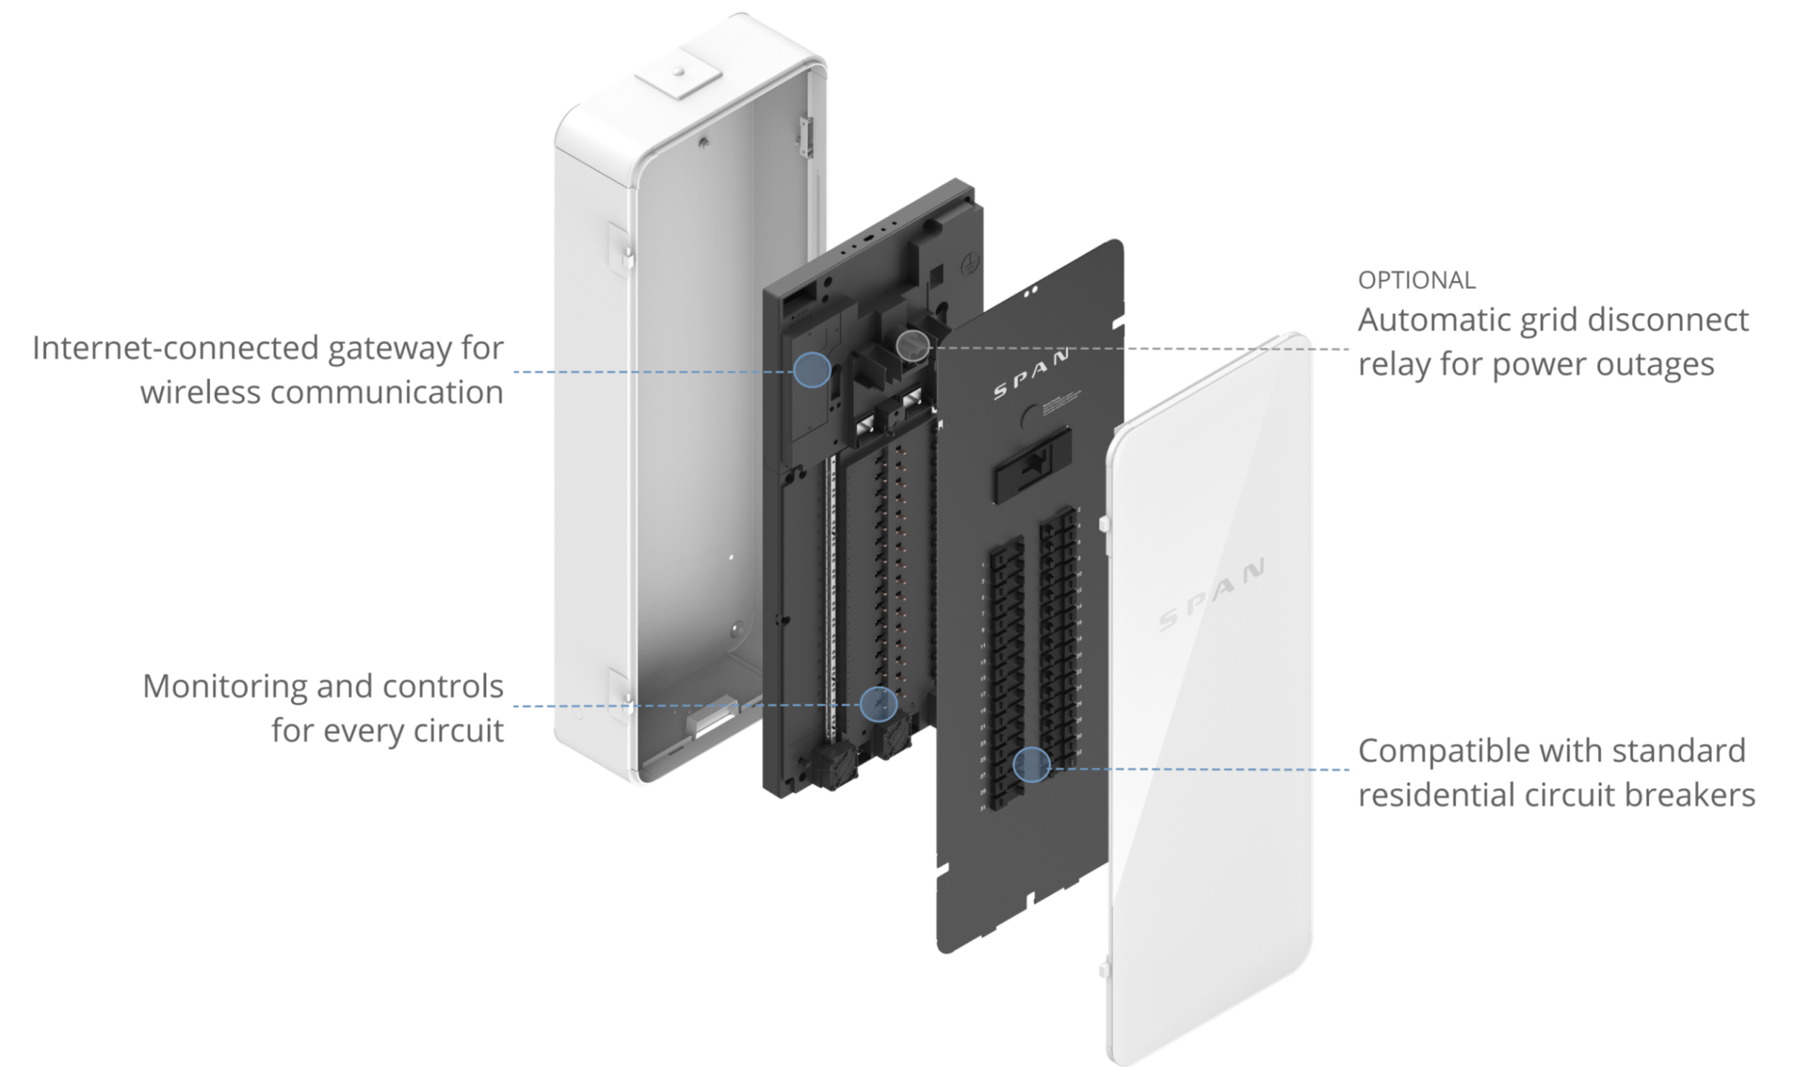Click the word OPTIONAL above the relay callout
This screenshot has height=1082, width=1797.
[x=1416, y=280]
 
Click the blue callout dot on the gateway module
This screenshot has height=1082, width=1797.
[x=812, y=370]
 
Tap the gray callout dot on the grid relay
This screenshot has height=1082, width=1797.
[x=913, y=344]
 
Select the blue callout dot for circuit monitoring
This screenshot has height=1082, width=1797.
[x=878, y=704]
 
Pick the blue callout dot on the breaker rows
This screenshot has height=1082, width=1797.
[x=1031, y=765]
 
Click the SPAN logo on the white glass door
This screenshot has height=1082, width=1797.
[x=1212, y=595]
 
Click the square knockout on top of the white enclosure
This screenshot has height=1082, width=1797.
[x=678, y=73]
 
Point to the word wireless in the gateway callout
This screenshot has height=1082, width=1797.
[x=201, y=393]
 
